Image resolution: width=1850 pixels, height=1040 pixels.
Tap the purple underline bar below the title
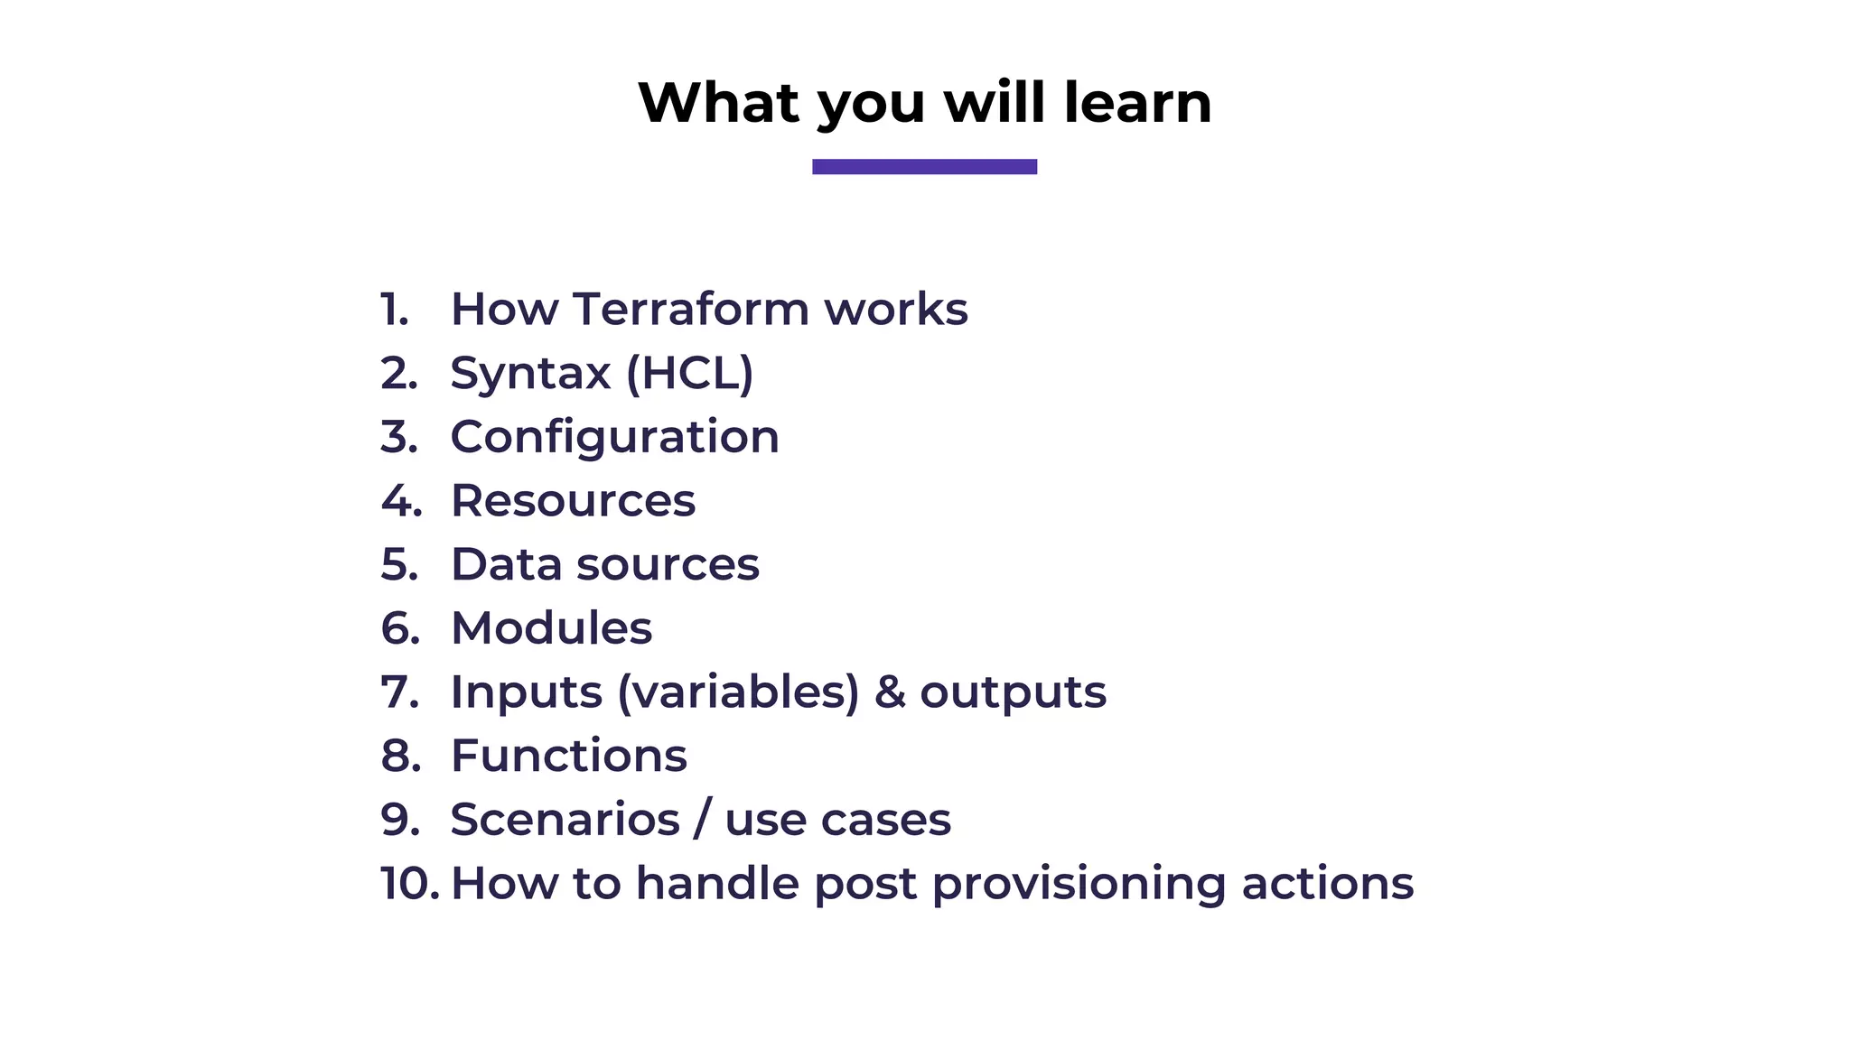click(924, 166)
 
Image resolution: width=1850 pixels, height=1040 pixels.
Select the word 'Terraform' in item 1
click(691, 309)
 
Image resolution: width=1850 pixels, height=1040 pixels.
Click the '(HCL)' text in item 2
click(689, 373)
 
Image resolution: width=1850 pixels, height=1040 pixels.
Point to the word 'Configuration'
click(614, 438)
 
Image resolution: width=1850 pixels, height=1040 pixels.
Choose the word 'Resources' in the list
click(573, 501)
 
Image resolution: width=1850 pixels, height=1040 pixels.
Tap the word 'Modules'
click(551, 628)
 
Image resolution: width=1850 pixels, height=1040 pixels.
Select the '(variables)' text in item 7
click(738, 692)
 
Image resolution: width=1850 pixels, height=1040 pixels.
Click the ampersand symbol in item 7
click(890, 692)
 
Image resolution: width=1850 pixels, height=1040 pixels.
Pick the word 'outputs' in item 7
click(1013, 693)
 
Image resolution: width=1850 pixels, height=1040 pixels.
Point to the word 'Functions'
click(568, 756)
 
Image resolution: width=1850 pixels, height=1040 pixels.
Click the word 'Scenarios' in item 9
click(565, 820)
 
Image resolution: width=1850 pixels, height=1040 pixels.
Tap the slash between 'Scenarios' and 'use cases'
click(702, 820)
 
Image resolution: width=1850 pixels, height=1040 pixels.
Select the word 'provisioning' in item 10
click(1079, 884)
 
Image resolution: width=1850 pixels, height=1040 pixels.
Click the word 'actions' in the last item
click(1327, 883)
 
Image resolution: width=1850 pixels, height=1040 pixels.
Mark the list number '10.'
click(409, 883)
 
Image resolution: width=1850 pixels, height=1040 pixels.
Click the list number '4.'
click(401, 501)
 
